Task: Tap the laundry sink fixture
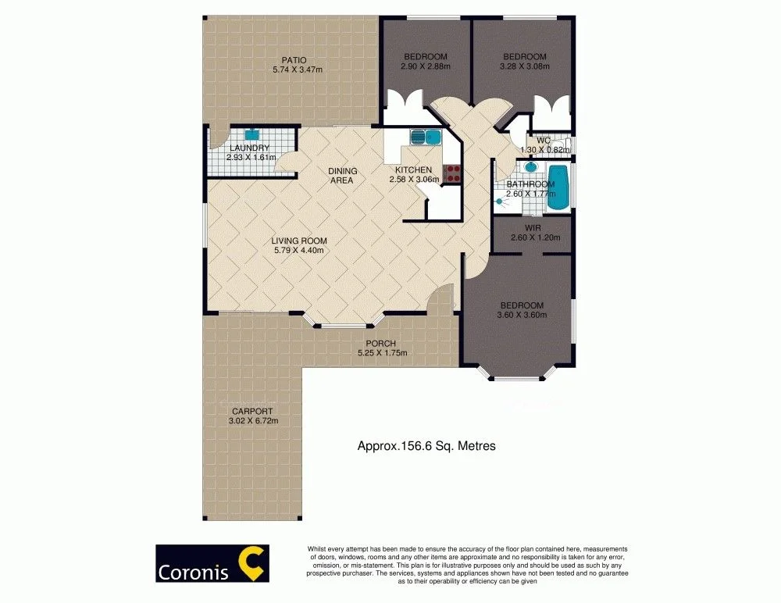(251, 134)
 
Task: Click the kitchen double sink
(426, 137)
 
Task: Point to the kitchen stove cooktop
(452, 173)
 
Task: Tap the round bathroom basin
(531, 166)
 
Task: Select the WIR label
(533, 228)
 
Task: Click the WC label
(544, 141)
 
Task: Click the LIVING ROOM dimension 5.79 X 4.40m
(298, 251)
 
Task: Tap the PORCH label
(382, 344)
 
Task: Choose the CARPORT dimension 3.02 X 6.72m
(253, 421)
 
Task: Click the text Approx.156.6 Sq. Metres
(426, 446)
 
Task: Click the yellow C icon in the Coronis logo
(251, 563)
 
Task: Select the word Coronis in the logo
(194, 573)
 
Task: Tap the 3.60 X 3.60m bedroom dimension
(520, 315)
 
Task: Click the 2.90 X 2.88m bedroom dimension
(426, 66)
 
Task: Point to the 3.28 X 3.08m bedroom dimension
(524, 66)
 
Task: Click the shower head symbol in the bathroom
(499, 202)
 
